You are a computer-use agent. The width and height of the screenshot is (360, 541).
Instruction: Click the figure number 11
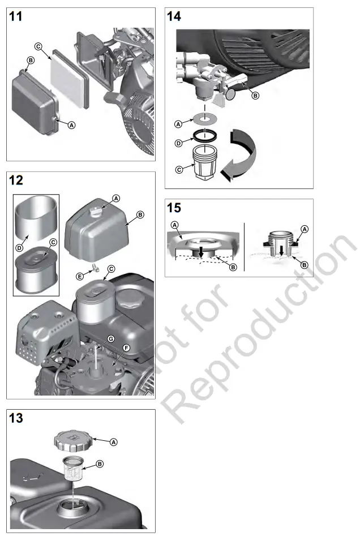pyautogui.click(x=17, y=16)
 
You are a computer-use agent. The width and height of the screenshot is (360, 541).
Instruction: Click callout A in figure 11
pyautogui.click(x=72, y=125)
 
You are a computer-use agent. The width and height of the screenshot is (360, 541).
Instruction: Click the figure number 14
pyautogui.click(x=174, y=16)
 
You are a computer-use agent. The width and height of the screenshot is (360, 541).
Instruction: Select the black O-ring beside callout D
pyautogui.click(x=204, y=135)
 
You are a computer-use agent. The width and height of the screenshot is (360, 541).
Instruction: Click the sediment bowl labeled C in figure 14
pyautogui.click(x=205, y=165)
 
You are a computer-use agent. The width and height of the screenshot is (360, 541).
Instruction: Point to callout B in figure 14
pyautogui.click(x=255, y=96)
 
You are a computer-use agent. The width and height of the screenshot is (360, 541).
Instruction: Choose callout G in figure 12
pyautogui.click(x=111, y=338)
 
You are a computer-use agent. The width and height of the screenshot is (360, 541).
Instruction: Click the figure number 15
pyautogui.click(x=174, y=208)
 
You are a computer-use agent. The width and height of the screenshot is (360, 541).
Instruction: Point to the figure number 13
pyautogui.click(x=17, y=418)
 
